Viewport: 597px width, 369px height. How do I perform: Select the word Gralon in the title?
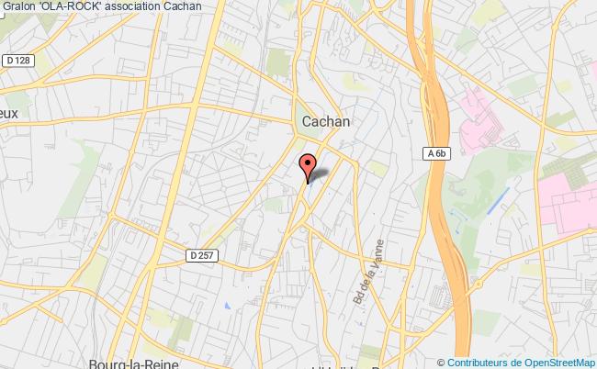click(20, 6)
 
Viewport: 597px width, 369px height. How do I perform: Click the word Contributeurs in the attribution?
click(475, 362)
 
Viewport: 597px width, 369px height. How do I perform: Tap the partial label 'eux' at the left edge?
click(9, 113)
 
